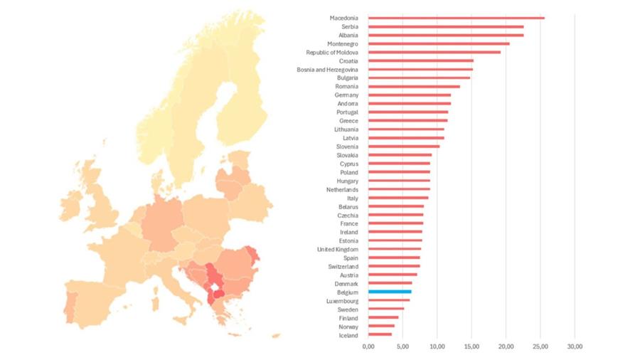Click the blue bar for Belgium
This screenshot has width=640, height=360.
tap(390, 292)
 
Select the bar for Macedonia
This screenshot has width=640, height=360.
tap(456, 18)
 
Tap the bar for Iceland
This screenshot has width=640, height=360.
tap(380, 335)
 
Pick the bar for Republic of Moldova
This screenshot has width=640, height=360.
tap(434, 52)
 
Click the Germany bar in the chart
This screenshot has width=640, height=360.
tap(409, 95)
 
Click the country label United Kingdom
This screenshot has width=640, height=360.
tap(338, 249)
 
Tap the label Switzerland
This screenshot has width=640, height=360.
tap(343, 266)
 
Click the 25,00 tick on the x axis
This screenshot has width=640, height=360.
tap(540, 346)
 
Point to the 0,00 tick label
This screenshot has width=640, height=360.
tap(368, 346)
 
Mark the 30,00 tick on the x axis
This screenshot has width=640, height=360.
tap(575, 346)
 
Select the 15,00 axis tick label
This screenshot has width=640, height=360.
tap(471, 346)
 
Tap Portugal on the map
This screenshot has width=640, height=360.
tap(69, 303)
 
